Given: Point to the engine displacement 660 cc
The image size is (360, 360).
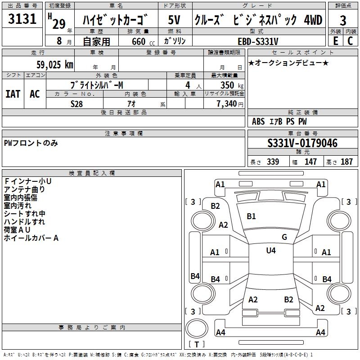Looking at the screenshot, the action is pos(138,41).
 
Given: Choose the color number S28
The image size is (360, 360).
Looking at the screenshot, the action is pos(77,103).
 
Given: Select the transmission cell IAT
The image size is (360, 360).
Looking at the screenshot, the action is pos(13,94).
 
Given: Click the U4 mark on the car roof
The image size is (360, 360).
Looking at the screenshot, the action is pos(271,251).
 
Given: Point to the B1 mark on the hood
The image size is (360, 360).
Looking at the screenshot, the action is pos(251,216).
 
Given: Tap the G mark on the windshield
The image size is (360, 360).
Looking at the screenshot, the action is pos(284,237).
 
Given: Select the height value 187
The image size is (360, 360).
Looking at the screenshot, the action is pos(346,162).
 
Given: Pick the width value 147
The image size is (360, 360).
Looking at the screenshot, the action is pos(310,162).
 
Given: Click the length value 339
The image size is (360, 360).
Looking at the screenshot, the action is pos(273,162).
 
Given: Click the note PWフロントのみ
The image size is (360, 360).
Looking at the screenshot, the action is pos(31,143).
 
